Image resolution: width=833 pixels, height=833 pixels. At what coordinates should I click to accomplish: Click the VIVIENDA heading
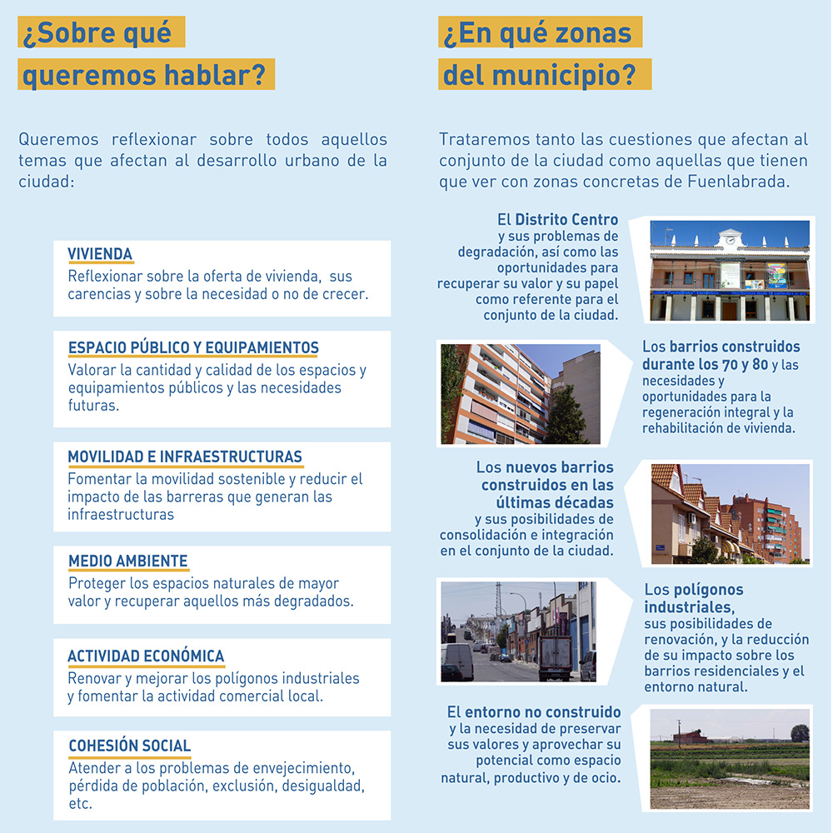point(100,254)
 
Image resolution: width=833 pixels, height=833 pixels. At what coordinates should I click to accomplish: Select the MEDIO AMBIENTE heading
point(128,561)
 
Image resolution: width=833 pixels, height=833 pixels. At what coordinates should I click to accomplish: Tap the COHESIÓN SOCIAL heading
point(129,746)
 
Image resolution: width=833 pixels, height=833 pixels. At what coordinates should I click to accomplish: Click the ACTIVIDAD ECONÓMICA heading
point(146,656)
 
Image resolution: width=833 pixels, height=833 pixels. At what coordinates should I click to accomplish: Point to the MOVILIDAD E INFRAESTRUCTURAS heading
point(185,456)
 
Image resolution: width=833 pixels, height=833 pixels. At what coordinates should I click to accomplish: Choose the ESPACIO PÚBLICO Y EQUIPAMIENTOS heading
point(193,347)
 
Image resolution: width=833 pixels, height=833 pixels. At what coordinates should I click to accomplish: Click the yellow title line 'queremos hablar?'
point(146,77)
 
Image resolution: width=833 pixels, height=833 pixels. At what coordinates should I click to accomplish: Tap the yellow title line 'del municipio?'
point(545,77)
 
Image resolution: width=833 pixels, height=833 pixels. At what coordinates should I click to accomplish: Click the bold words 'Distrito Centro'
point(566,220)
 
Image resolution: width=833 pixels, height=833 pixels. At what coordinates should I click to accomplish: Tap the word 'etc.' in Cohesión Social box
point(80,805)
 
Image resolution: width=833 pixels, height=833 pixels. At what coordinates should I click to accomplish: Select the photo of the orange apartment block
point(520,394)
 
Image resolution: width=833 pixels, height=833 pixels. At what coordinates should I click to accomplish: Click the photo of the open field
point(729,758)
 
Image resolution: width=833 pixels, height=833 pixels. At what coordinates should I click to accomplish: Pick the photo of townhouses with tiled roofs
point(730,514)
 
